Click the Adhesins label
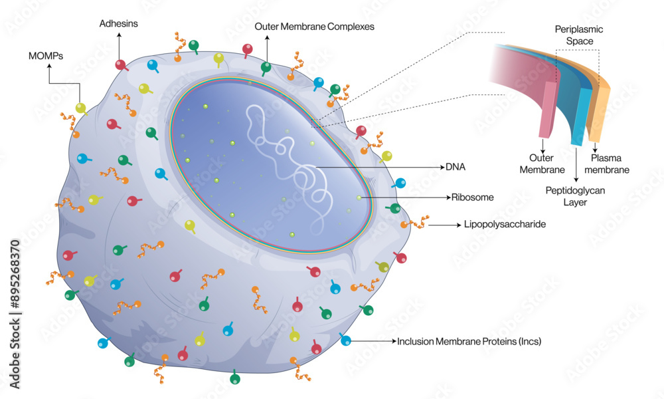tap(120, 23)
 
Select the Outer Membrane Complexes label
tap(315, 27)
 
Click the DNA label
tap(456, 168)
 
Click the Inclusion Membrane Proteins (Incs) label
tap(469, 342)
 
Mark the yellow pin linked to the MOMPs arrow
tap(80, 108)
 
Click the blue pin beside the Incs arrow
tap(345, 340)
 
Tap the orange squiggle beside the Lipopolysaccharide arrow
tap(415, 224)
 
